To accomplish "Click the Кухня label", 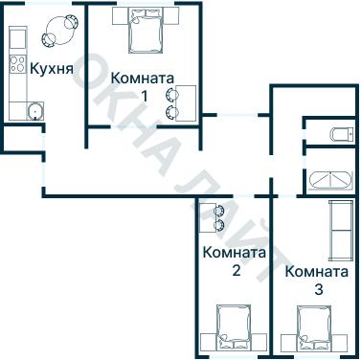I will click(x=50, y=69).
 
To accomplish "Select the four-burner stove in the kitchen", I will click(x=17, y=64).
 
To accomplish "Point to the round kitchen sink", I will click(x=34, y=109).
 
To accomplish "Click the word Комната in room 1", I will click(x=142, y=78).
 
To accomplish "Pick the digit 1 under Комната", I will click(x=143, y=95).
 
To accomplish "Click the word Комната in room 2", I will click(x=235, y=253).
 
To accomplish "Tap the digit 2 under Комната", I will click(x=236, y=270).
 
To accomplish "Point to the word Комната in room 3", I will click(x=317, y=270).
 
